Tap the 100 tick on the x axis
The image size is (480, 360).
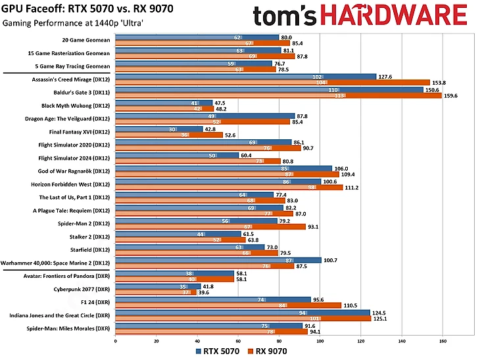[x=320, y=341]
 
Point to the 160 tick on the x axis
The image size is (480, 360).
[x=443, y=341]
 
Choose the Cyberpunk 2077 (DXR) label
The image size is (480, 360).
[x=83, y=288]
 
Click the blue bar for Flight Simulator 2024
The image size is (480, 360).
[x=176, y=155]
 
